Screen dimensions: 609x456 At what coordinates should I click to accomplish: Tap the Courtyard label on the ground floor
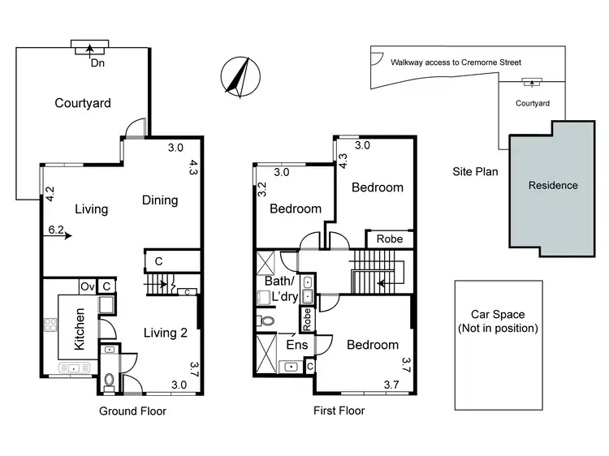pos(83,103)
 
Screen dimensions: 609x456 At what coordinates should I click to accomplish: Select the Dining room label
pos(160,200)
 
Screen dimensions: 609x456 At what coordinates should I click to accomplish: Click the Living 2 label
pos(166,331)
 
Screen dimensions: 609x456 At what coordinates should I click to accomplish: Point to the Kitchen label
pos(80,329)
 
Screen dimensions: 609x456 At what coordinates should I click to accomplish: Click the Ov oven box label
pos(87,286)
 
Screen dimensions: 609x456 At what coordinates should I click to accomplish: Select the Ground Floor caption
pos(132,411)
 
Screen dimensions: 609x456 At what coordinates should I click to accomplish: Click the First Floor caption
pos(339,411)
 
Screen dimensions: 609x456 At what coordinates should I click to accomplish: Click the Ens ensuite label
pos(296,344)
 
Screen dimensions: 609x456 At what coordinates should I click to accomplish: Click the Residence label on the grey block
pos(553,186)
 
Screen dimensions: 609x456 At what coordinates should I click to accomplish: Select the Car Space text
pos(498,315)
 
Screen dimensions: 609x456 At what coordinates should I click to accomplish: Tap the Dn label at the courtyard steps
pos(98,62)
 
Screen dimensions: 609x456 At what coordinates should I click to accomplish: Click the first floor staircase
pos(376,272)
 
